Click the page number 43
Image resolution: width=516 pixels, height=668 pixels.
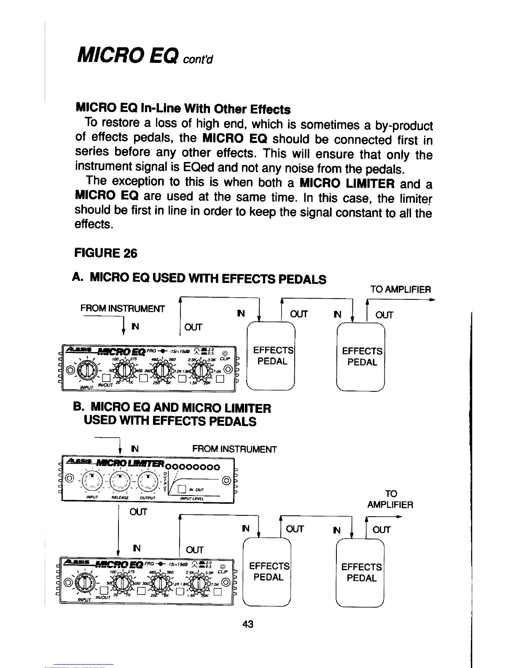tap(247, 624)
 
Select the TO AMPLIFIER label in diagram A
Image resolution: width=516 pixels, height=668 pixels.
tap(400, 290)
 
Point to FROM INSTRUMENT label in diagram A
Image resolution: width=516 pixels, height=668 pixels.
tap(123, 308)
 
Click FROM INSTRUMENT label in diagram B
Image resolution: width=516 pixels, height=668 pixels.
tap(234, 449)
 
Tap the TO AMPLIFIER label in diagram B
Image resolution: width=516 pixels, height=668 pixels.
tap(390, 499)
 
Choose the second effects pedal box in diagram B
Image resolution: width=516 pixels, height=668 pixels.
tap(361, 572)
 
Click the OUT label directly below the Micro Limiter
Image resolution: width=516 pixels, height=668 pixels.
tap(139, 512)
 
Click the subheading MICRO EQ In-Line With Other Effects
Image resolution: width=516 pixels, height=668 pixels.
tap(183, 108)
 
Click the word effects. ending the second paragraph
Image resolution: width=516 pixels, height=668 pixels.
tap(93, 225)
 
